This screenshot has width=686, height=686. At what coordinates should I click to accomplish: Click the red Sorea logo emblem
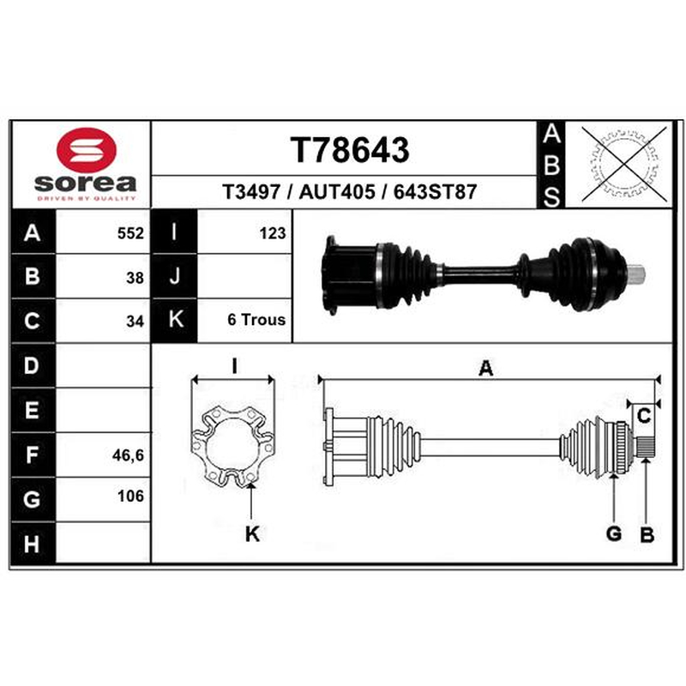click(x=87, y=149)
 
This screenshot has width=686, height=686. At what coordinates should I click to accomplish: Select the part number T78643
click(x=350, y=150)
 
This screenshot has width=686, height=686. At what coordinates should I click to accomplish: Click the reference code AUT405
click(x=337, y=192)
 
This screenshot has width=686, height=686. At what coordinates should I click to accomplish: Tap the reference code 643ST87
click(x=435, y=192)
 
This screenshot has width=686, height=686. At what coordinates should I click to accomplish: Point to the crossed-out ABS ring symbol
click(x=623, y=163)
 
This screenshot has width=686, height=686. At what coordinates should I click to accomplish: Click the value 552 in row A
click(x=130, y=233)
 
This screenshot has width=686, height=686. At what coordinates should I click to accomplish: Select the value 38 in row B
click(x=135, y=278)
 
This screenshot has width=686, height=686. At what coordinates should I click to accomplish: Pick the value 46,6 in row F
click(x=128, y=455)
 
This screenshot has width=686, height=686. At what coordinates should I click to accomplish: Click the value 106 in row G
click(x=130, y=496)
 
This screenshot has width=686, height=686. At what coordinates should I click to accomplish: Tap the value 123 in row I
click(x=273, y=233)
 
